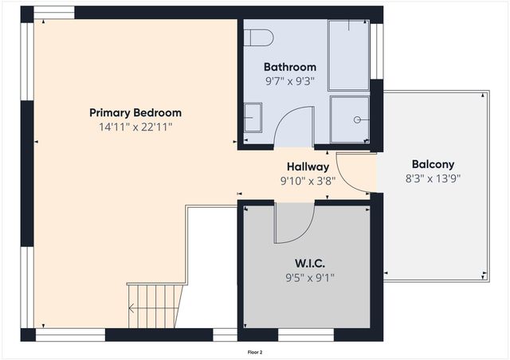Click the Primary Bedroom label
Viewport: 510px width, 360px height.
tap(135, 112)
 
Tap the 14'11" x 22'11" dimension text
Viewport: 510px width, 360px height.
tap(135, 126)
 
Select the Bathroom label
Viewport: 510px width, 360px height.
tap(290, 67)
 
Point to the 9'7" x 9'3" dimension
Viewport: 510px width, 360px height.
tap(290, 80)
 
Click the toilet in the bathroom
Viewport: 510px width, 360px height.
tap(259, 37)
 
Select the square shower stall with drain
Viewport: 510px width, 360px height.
tap(350, 119)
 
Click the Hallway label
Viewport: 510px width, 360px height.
tap(308, 166)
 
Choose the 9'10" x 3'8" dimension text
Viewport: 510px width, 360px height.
tap(308, 180)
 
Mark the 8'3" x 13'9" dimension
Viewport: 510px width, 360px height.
tap(433, 178)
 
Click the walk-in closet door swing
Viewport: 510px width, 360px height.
tap(292, 225)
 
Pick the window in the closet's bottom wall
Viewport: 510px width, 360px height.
tap(306, 335)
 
